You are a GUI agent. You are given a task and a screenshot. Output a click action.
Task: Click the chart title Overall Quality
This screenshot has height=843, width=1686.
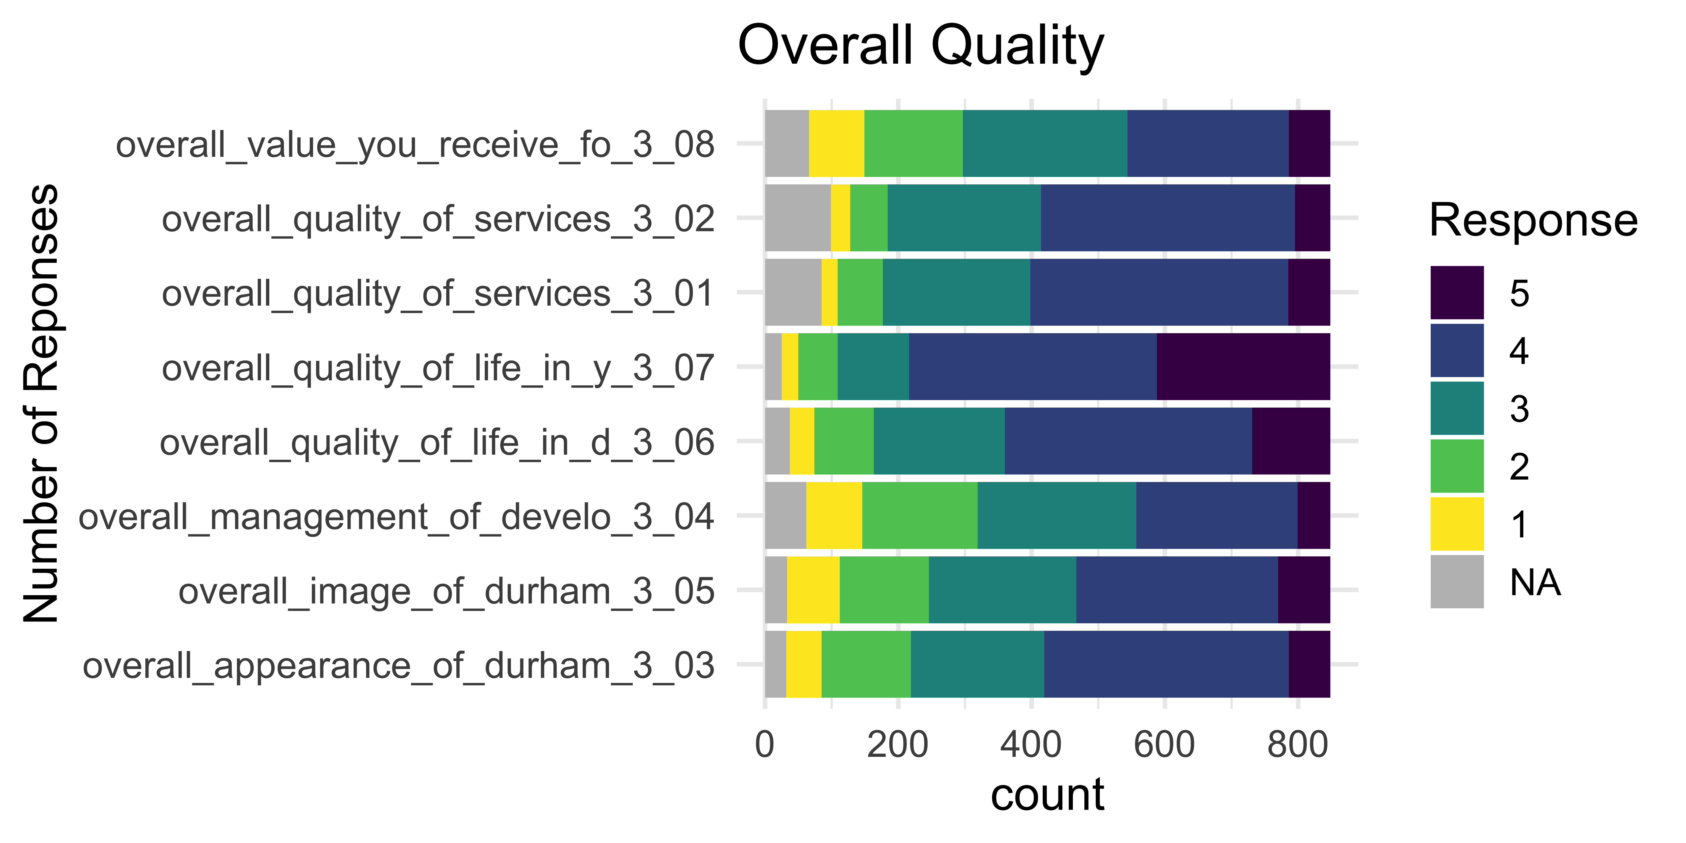click(920, 46)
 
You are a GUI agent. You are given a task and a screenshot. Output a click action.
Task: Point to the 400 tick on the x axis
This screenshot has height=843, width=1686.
click(1031, 745)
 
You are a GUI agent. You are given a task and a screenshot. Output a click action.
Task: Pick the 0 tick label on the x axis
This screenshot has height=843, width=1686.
click(765, 745)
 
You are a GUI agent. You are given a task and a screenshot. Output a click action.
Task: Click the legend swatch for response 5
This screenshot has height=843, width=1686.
click(1457, 293)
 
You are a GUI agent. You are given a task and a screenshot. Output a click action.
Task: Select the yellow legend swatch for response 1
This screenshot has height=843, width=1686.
click(1457, 524)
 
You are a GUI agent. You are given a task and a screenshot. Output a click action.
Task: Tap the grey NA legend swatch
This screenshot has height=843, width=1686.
click(1457, 581)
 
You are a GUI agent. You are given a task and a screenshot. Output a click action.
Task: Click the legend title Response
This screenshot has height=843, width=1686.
click(1533, 221)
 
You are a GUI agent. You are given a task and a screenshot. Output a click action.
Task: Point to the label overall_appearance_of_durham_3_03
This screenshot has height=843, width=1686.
click(398, 666)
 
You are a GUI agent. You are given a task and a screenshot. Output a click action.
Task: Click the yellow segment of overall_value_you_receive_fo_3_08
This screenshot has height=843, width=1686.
click(837, 143)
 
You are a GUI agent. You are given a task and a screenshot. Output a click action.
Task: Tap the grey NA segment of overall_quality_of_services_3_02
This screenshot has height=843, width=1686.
click(797, 218)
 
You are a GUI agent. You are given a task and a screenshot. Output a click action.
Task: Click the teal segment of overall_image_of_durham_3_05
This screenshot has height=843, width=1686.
click(1002, 590)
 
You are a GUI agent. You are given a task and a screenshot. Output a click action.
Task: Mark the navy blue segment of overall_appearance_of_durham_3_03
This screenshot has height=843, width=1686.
click(1166, 664)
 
